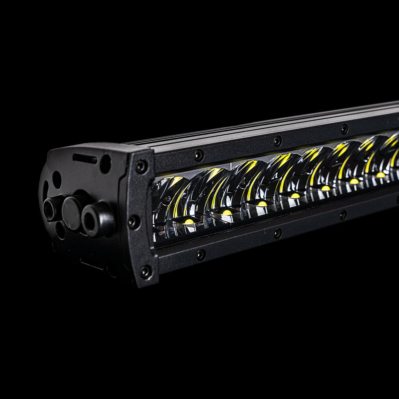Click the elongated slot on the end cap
pyautogui.click(x=85, y=159)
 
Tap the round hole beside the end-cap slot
pyautogui.click(x=105, y=164)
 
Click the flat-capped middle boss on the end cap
pyautogui.click(x=73, y=213)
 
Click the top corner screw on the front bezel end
pyautogui.click(x=141, y=167)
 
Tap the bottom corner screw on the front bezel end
pyautogui.click(x=145, y=272)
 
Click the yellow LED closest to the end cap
pyautogui.click(x=189, y=221)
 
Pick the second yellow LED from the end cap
pyautogui.click(x=227, y=212)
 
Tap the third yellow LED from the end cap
pyautogui.click(x=262, y=203)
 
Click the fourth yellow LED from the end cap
pyautogui.click(x=295, y=196)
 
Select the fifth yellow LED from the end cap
pyautogui.click(x=326, y=188)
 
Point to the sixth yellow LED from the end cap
pyautogui.click(x=354, y=181)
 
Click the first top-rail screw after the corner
pyautogui.click(x=199, y=155)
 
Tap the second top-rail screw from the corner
pyautogui.click(x=277, y=141)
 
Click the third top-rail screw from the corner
pyautogui.click(x=344, y=129)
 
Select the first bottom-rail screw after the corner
pyautogui.click(x=201, y=255)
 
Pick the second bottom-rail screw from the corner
pyautogui.click(x=278, y=233)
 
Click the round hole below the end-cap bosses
pyautogui.click(x=60, y=230)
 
